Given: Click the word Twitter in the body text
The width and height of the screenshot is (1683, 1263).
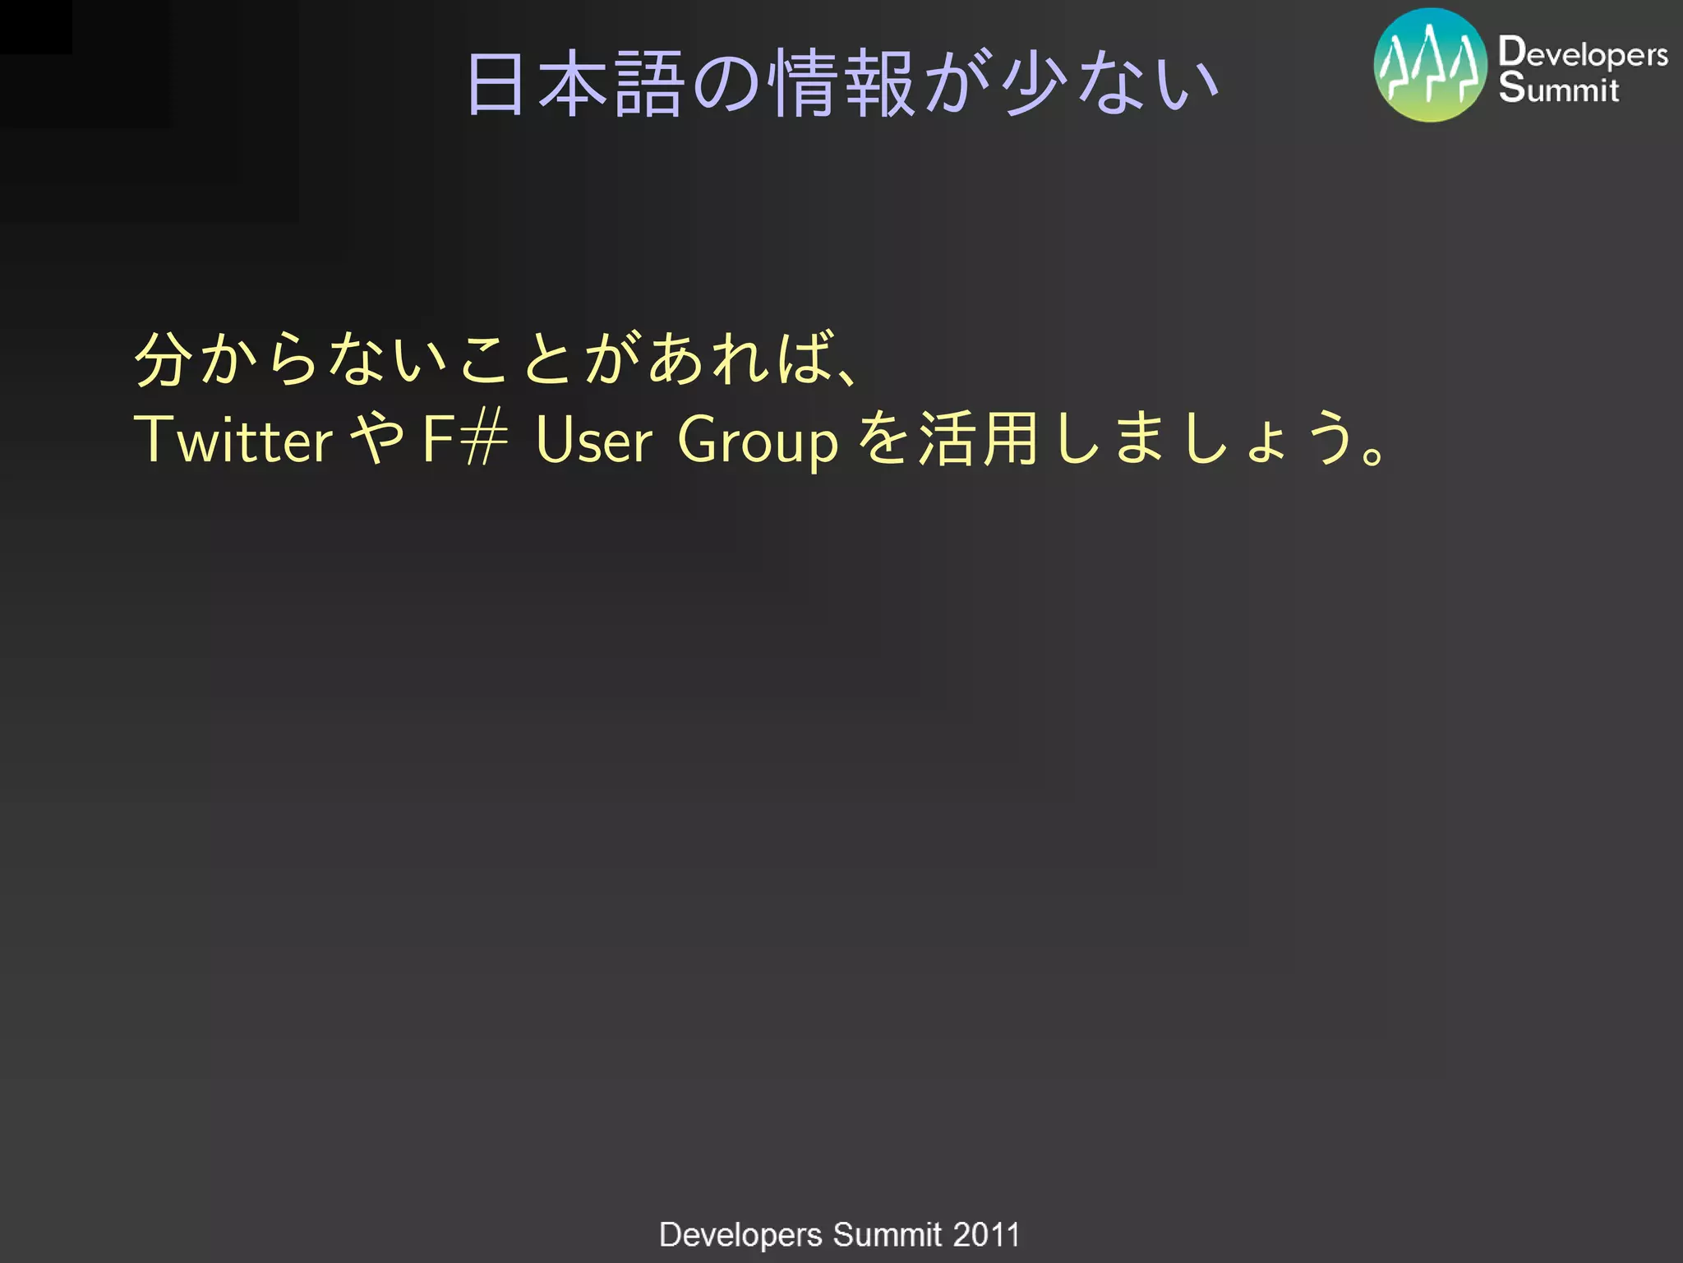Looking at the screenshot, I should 233,440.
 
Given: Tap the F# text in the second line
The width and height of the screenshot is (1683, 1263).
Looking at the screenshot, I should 464,440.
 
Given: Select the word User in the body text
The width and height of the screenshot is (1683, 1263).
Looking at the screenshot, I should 593,440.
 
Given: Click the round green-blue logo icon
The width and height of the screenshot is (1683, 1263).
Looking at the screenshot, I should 1430,66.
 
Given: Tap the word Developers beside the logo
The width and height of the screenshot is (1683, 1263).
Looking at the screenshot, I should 1582,53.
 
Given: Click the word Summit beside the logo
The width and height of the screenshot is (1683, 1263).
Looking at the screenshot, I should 1558,88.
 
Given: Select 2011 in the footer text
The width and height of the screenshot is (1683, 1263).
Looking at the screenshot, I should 986,1234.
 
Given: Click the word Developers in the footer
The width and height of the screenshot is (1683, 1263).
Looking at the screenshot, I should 740,1235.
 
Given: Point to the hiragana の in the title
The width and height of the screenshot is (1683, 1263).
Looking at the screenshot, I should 726,84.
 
